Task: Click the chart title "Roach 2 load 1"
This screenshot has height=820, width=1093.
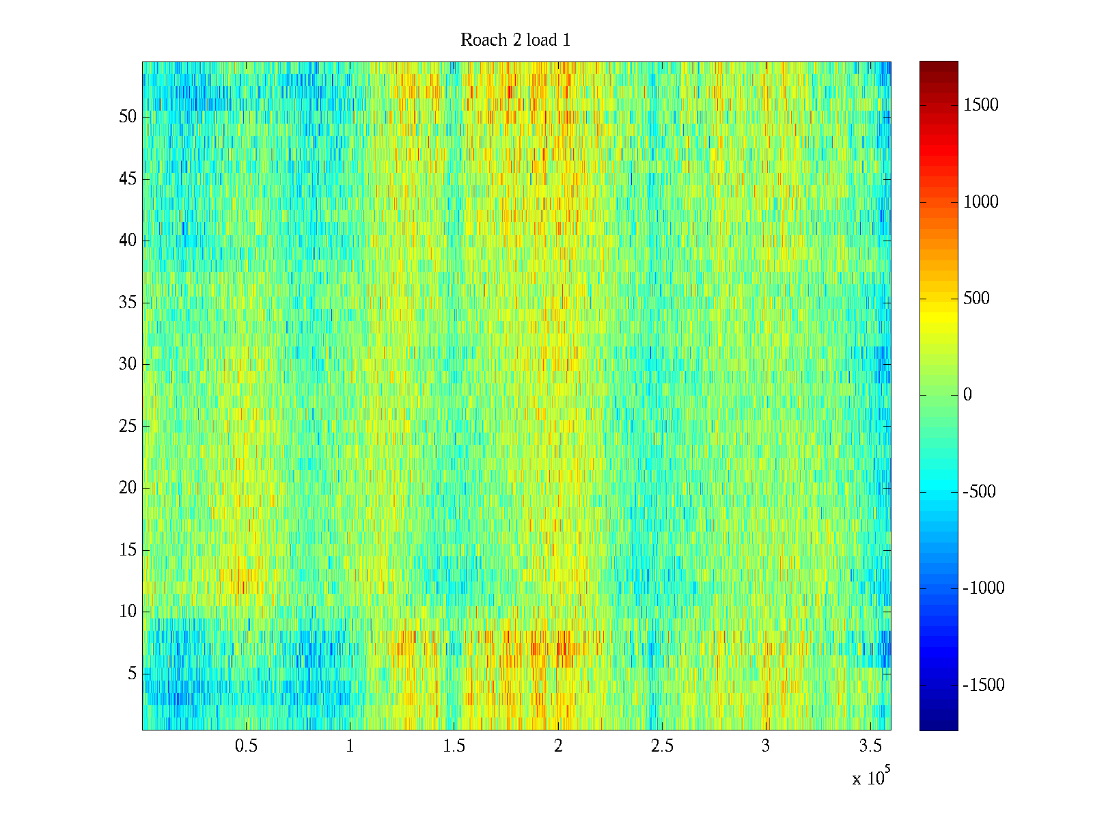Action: pos(515,40)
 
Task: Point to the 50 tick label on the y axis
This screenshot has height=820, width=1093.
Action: pos(128,117)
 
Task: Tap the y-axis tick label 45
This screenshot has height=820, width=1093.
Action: pos(128,179)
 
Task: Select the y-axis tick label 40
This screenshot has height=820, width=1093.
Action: pos(128,241)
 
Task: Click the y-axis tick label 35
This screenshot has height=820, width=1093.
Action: pos(128,303)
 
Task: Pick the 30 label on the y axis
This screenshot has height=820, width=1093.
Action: pos(128,364)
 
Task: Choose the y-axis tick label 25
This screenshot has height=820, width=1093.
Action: pos(128,426)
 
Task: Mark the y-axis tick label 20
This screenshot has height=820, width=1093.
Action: pos(128,488)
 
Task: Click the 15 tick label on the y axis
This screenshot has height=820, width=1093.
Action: pos(128,550)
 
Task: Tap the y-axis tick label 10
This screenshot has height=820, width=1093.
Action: pos(128,612)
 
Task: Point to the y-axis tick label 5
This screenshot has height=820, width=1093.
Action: pos(132,674)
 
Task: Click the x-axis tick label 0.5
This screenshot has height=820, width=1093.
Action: pos(246,746)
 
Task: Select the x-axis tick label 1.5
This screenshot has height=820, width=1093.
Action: pos(454,746)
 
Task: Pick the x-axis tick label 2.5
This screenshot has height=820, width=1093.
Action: pos(662,746)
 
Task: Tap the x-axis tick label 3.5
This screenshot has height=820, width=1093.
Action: pos(870,746)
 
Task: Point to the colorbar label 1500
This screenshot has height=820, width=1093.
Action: pos(981,105)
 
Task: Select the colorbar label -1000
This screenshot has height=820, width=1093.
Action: pos(984,588)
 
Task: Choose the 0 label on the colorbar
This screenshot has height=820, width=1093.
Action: pos(967,395)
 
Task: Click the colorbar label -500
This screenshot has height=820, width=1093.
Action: pos(980,492)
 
